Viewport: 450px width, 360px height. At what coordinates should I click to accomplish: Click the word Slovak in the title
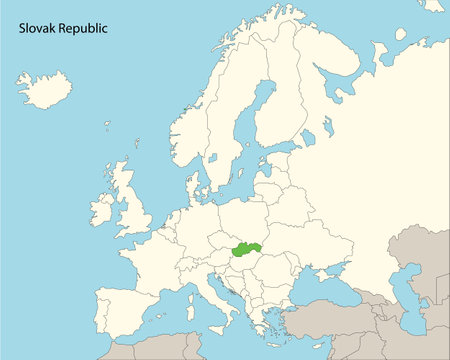point(38,29)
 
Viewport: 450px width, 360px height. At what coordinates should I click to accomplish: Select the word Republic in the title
point(83,30)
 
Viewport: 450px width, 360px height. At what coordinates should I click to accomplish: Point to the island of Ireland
point(102,209)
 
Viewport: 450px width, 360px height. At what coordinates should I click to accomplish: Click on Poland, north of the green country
point(245,215)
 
